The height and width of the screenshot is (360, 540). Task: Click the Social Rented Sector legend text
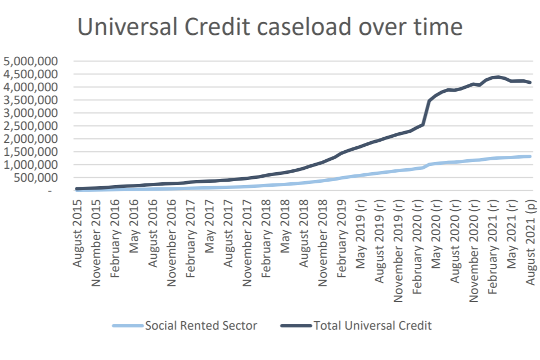point(201,326)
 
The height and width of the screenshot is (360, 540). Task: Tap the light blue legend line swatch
point(128,326)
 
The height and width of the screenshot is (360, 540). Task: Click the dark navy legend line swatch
point(295,326)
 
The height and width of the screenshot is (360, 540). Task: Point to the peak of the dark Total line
point(497,76)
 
